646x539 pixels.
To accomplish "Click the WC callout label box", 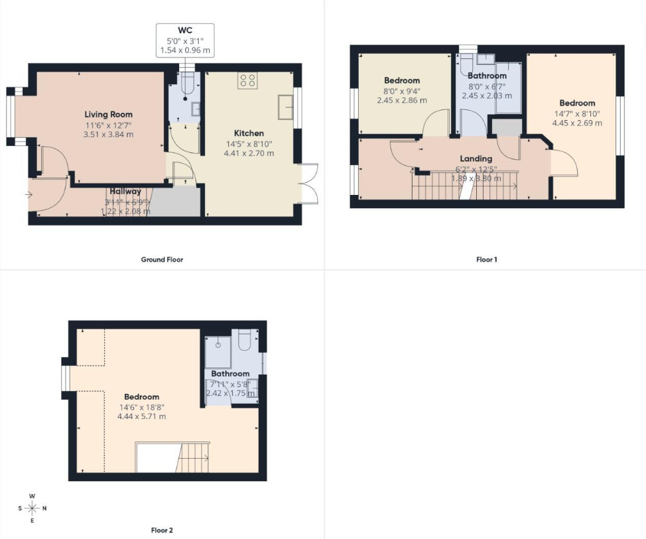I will [185, 40].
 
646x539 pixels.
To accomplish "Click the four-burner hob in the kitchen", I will [248, 82].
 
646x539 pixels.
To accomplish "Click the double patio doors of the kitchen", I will [308, 182].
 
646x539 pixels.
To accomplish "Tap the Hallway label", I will [125, 192].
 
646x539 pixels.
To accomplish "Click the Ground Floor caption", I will [162, 259].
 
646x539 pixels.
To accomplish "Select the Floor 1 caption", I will [486, 259].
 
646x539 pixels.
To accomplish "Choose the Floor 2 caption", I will [162, 530].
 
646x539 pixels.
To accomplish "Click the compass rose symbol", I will [32, 509].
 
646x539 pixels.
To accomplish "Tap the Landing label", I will [476, 158].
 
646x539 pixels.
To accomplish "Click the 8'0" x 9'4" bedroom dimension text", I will [402, 91].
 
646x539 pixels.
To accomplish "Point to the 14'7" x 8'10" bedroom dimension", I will [577, 113].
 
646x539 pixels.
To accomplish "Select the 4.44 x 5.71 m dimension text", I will [141, 416].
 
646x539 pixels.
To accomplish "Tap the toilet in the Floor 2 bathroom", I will [244, 339].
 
